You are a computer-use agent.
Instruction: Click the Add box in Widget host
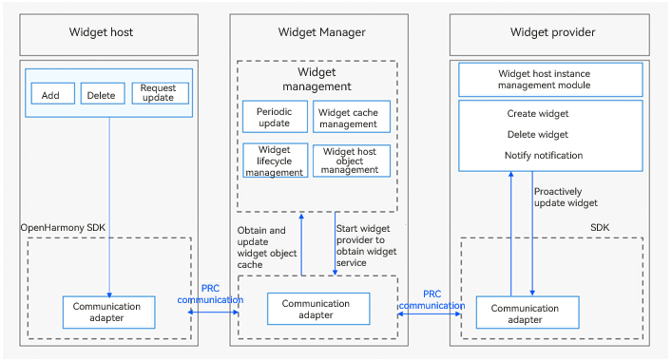click(52, 93)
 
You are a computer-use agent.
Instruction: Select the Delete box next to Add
click(103, 93)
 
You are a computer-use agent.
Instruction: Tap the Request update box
click(160, 93)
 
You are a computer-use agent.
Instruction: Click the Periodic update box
click(275, 117)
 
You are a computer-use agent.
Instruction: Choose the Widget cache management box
click(352, 117)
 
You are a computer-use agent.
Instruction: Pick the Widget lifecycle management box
click(275, 161)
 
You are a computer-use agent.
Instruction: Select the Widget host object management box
click(352, 161)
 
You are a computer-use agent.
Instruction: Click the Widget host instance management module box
click(550, 80)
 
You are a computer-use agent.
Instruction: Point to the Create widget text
click(537, 113)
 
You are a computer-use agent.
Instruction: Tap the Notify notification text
click(544, 155)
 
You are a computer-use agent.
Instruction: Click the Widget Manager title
click(321, 32)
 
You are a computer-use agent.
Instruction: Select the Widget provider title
click(552, 32)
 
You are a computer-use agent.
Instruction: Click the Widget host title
click(101, 32)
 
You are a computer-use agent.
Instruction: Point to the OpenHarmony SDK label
click(63, 227)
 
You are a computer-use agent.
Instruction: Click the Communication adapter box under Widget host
click(109, 313)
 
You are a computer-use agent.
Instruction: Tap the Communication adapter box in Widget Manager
click(318, 309)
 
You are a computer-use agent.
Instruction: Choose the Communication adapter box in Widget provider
click(528, 313)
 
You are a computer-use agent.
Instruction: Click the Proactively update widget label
click(566, 197)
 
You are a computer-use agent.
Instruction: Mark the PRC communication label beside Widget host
click(210, 294)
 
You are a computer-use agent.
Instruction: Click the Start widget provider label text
click(366, 245)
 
